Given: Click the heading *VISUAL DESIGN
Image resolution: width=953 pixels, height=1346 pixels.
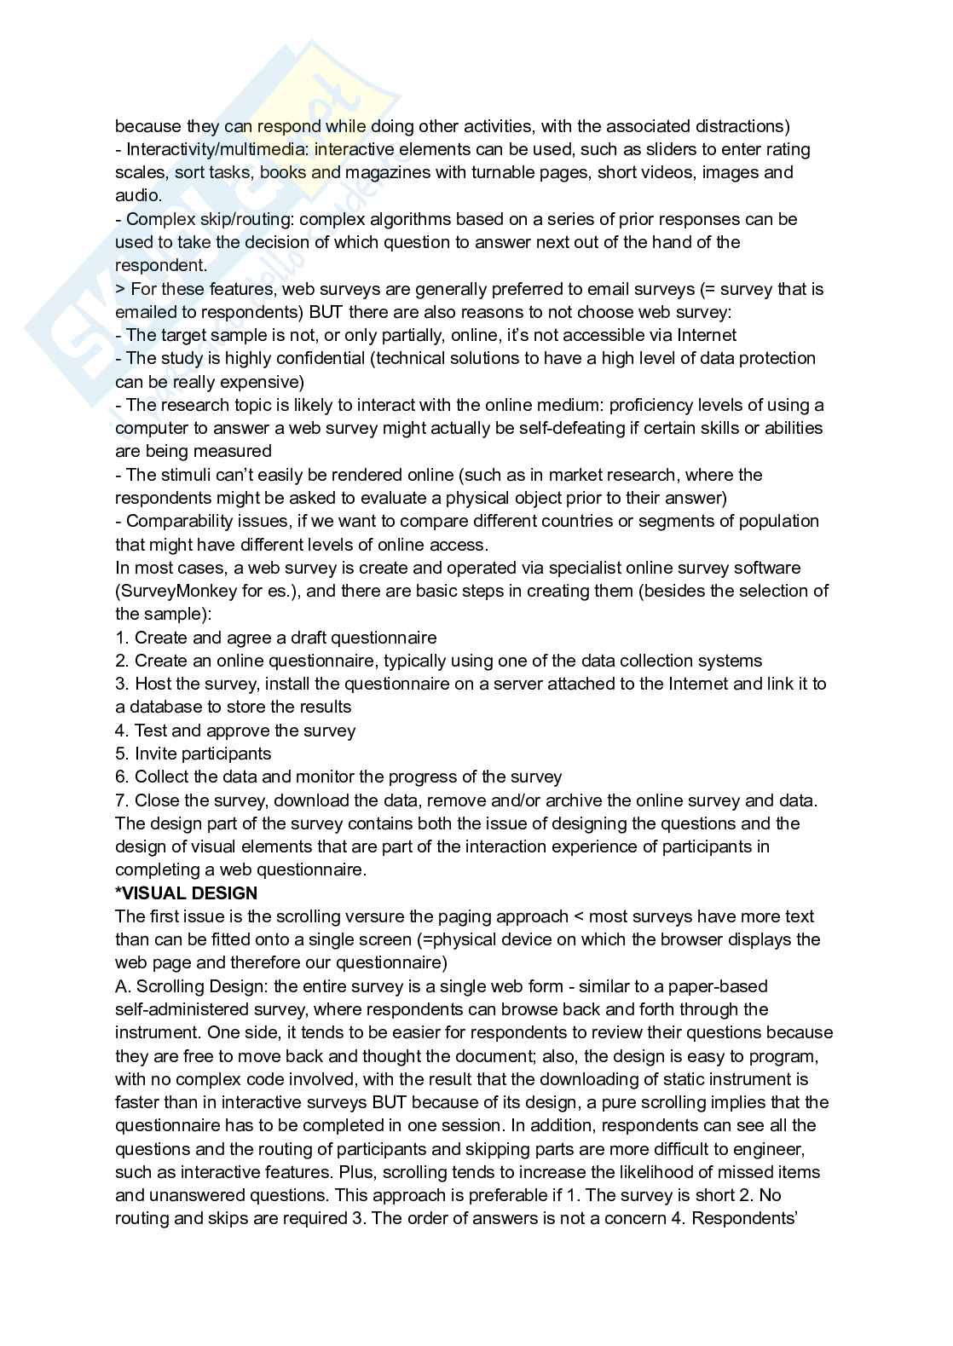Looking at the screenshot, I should coord(186,893).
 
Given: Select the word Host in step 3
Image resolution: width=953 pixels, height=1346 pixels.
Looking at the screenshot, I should coord(153,684).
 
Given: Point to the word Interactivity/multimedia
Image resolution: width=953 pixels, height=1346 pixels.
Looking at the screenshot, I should coord(216,149).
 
